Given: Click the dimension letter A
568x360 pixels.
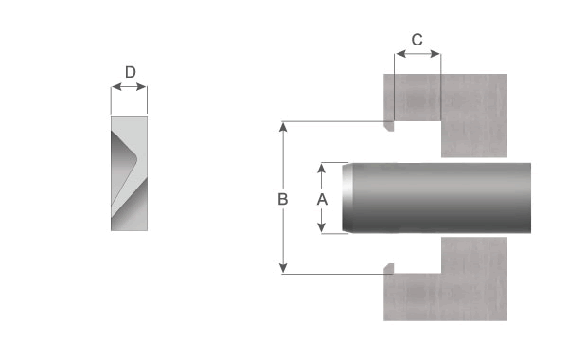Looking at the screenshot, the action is tap(322, 199).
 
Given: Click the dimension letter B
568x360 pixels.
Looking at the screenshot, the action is tap(282, 199).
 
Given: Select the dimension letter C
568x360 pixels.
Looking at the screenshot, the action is tap(417, 40).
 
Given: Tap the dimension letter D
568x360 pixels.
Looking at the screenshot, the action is tap(131, 72).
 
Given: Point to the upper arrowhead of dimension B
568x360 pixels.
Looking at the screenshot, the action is tap(283, 127).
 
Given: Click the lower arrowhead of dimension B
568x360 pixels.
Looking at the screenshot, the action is tap(283, 268).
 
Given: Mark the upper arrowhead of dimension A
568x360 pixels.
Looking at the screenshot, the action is tap(321, 168).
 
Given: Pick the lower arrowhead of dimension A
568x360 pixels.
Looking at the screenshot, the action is tap(321, 227).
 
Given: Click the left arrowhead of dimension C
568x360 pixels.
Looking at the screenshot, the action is tap(401, 54).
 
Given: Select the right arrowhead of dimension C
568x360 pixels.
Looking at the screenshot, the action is tap(435, 54).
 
